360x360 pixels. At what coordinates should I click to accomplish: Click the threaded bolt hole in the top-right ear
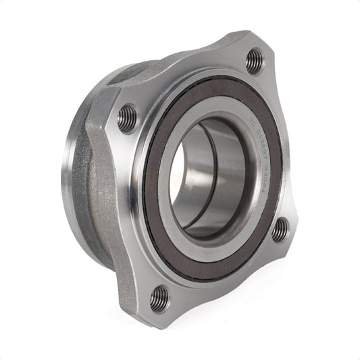(x=254, y=61)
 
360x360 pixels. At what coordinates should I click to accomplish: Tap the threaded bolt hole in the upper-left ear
(x=127, y=120)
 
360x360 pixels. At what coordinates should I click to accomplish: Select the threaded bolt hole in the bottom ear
(x=160, y=297)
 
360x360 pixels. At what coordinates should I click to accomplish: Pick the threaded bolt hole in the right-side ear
(x=280, y=230)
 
